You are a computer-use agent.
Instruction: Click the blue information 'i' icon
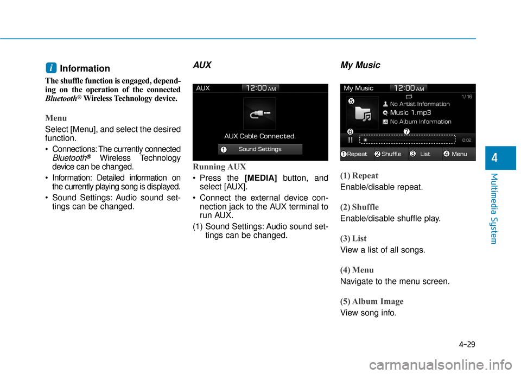pos(50,68)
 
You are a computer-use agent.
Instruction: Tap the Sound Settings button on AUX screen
pos(260,149)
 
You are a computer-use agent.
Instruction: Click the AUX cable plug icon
pos(259,113)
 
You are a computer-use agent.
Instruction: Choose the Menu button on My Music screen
pos(458,154)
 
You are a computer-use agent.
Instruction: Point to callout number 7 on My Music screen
pos(406,131)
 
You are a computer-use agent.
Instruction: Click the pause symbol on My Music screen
pos(350,140)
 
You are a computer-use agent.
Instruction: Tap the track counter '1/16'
pos(466,97)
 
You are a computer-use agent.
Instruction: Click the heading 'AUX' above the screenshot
pos(202,65)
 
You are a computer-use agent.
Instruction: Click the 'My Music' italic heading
pos(360,65)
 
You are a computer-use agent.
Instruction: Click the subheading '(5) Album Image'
pos(372,301)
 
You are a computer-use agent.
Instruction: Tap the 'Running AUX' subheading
pos(219,167)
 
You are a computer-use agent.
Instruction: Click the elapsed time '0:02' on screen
pos(466,140)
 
